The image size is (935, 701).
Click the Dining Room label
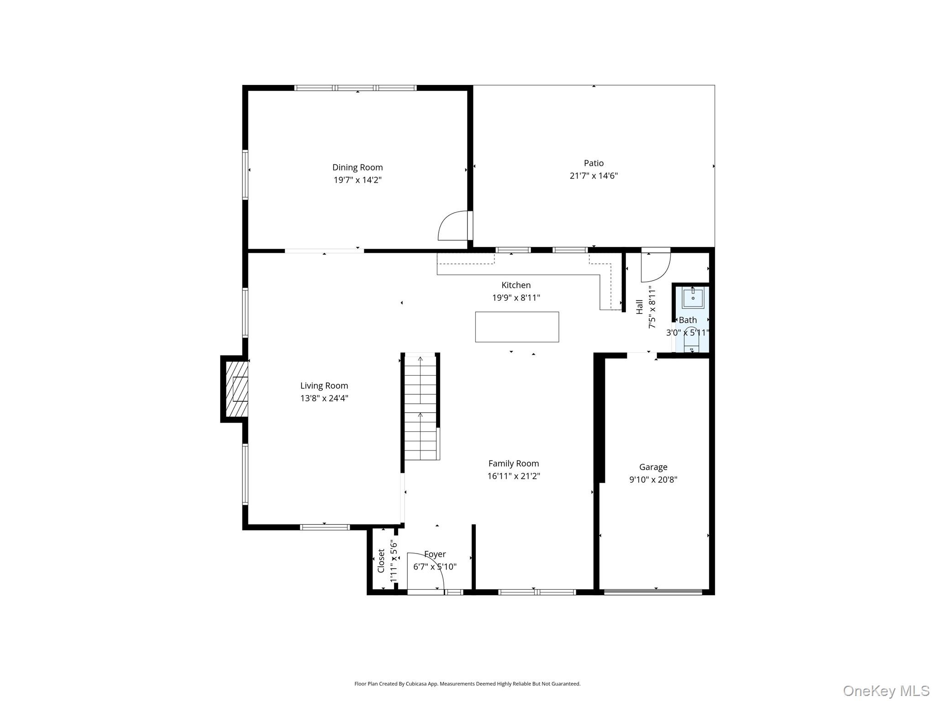click(357, 167)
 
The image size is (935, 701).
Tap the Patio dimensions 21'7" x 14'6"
click(593, 176)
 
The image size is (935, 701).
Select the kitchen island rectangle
click(517, 327)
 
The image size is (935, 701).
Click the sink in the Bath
click(693, 298)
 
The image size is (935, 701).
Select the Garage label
click(653, 467)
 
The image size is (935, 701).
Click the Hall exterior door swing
click(656, 266)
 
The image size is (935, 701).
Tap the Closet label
click(381, 560)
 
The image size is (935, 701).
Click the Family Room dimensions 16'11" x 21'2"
click(514, 476)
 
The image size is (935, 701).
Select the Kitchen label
click(516, 285)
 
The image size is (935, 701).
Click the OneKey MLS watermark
click(886, 691)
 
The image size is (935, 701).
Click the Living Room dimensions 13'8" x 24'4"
click(324, 398)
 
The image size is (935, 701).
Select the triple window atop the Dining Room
click(355, 88)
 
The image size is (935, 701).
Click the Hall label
click(639, 307)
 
